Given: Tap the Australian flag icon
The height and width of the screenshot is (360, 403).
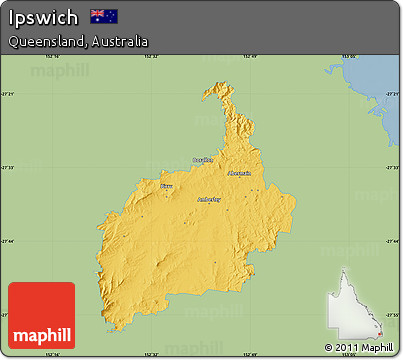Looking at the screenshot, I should pyautogui.click(x=104, y=16).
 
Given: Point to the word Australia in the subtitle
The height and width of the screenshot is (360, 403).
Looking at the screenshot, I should pyautogui.click(x=120, y=42).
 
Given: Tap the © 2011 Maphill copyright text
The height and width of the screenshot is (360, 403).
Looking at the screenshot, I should pyautogui.click(x=359, y=347).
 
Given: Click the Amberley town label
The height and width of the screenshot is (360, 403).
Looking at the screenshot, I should pyautogui.click(x=209, y=199).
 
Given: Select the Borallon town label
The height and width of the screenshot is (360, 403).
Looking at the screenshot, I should pyautogui.click(x=203, y=159).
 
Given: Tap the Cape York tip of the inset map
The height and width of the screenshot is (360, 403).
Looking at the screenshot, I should pyautogui.click(x=346, y=271).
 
